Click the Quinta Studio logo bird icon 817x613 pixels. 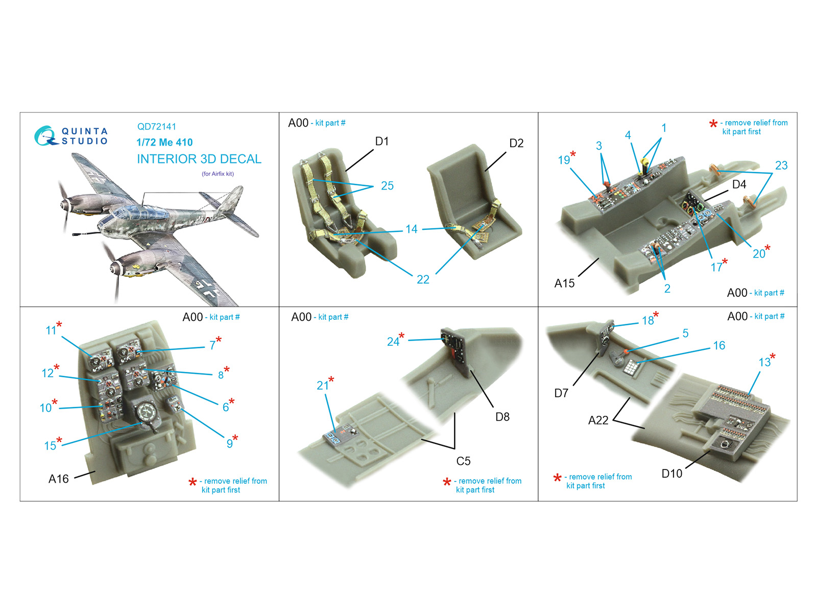pyautogui.click(x=45, y=136)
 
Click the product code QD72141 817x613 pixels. pyautogui.click(x=157, y=127)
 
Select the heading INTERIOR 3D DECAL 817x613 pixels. pyautogui.click(x=199, y=159)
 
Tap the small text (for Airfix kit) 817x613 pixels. pyautogui.click(x=218, y=174)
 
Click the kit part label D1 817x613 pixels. pyautogui.click(x=382, y=142)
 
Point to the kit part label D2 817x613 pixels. pyautogui.click(x=516, y=144)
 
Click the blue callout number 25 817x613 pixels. pyautogui.click(x=387, y=186)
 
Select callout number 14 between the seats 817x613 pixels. pyautogui.click(x=412, y=229)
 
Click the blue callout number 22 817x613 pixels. pyautogui.click(x=423, y=279)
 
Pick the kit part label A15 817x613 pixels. pyautogui.click(x=564, y=284)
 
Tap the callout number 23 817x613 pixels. pyautogui.click(x=781, y=166)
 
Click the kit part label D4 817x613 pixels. pyautogui.click(x=739, y=184)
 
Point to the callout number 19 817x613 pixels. pyautogui.click(x=564, y=160)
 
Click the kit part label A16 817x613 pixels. pyautogui.click(x=58, y=479)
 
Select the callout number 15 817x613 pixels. pyautogui.click(x=50, y=446)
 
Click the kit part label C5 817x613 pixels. pyautogui.click(x=463, y=461)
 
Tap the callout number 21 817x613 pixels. pyautogui.click(x=322, y=386)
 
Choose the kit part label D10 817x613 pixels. pyautogui.click(x=671, y=474)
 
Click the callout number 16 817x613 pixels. pyautogui.click(x=719, y=346)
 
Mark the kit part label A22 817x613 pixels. pyautogui.click(x=598, y=420)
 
